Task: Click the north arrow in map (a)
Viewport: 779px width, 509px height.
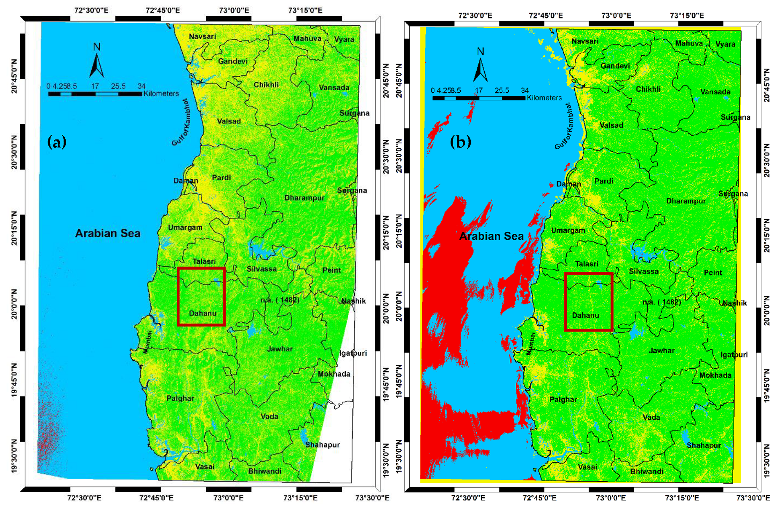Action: point(96,63)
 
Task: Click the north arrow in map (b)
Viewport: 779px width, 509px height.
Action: point(480,67)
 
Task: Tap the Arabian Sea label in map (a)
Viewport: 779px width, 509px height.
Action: point(108,233)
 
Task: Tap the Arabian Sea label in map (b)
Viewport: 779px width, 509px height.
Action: point(491,236)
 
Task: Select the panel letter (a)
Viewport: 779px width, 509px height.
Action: point(57,142)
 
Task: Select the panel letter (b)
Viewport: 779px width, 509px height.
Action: point(460,142)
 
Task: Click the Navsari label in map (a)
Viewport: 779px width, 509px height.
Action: point(202,37)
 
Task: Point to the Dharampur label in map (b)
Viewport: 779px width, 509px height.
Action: point(686,201)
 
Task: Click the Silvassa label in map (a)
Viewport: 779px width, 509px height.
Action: point(261,269)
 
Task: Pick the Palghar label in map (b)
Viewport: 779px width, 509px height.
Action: point(563,399)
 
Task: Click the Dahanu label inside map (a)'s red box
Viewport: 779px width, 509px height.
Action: point(203,313)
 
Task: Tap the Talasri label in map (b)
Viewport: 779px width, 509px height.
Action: point(587,264)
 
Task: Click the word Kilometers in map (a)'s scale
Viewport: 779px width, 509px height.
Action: point(161,94)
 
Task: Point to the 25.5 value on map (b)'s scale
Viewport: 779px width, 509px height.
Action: point(502,91)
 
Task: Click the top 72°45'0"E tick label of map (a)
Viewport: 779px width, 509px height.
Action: point(163,10)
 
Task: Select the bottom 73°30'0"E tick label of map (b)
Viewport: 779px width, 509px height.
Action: point(753,498)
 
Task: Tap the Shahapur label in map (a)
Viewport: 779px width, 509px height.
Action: point(322,445)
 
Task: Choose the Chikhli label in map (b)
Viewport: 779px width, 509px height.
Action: point(648,89)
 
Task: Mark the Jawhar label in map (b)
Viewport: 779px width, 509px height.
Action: point(662,351)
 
